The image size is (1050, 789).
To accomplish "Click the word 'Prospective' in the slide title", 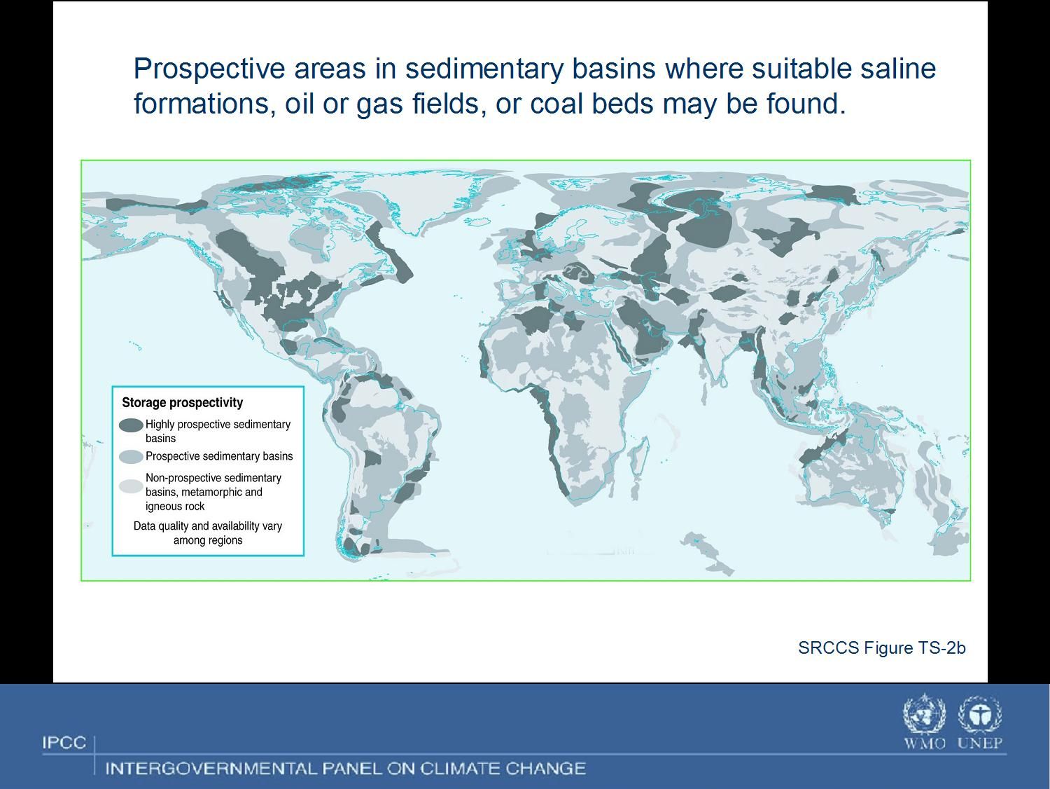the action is click(209, 69).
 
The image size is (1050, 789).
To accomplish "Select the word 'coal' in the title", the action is click(556, 104).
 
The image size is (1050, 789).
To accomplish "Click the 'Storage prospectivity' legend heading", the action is click(182, 403).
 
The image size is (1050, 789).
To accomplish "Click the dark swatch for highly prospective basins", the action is click(131, 425).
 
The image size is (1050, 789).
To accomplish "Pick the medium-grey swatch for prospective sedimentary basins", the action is click(131, 457).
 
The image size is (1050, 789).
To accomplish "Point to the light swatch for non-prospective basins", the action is click(131, 486).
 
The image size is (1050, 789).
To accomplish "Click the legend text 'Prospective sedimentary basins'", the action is click(219, 456).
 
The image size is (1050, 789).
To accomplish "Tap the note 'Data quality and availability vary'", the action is click(208, 526).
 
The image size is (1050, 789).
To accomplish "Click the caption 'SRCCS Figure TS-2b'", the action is click(881, 647).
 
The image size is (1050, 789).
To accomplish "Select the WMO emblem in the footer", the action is click(924, 713).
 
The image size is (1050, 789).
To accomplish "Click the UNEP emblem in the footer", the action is click(980, 713).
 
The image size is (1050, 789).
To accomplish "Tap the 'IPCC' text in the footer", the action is click(64, 743).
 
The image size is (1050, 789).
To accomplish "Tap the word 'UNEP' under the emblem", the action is click(980, 743).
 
